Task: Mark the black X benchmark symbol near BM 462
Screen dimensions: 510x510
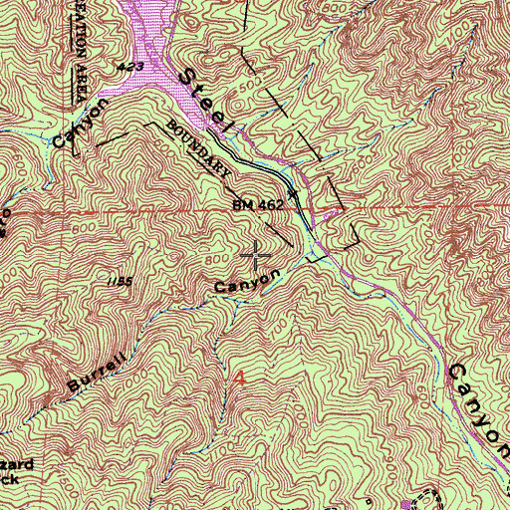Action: coord(292,191)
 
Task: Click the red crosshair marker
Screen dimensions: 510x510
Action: coord(257,256)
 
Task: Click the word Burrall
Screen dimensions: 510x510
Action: coord(98,370)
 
